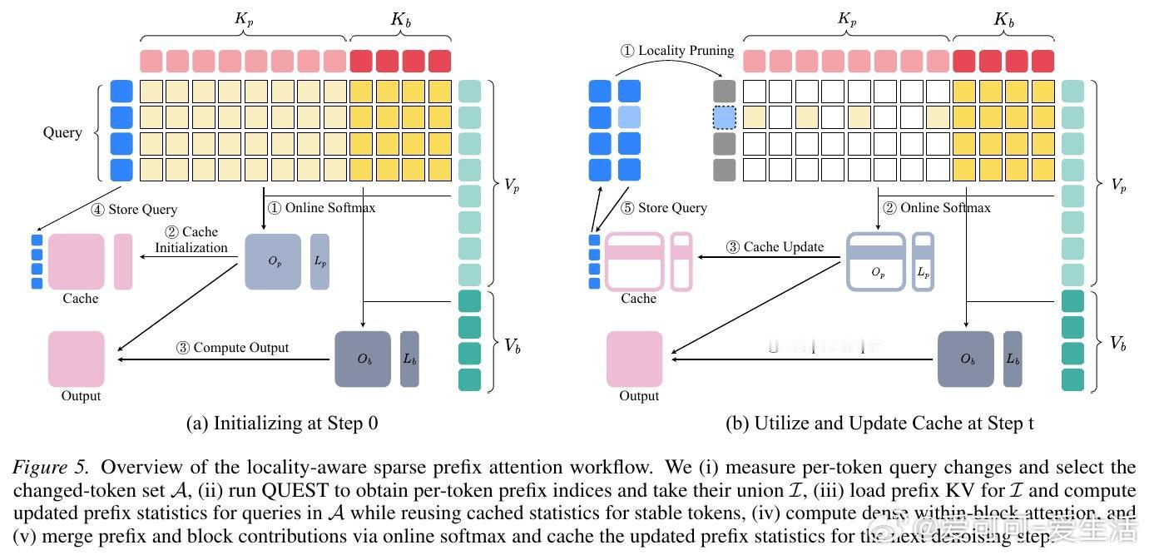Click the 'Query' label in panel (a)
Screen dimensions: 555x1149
62,132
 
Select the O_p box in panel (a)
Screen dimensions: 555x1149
272,261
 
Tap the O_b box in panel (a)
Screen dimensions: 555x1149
363,359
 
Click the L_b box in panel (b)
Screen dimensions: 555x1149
1012,359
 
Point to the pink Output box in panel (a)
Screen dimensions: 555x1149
77,359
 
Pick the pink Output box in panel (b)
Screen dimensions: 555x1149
634,359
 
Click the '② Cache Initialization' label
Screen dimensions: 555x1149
191,240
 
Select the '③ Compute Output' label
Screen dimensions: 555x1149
232,347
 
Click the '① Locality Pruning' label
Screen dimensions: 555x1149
677,51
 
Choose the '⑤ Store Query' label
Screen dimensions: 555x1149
665,208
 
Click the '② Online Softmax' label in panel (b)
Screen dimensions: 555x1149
936,208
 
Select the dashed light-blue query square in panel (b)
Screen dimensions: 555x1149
725,118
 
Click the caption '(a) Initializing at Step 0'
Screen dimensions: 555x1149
281,423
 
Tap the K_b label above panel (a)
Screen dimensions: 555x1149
401,20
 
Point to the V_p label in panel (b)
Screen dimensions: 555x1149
1117,186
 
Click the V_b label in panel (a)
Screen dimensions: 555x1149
510,344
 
